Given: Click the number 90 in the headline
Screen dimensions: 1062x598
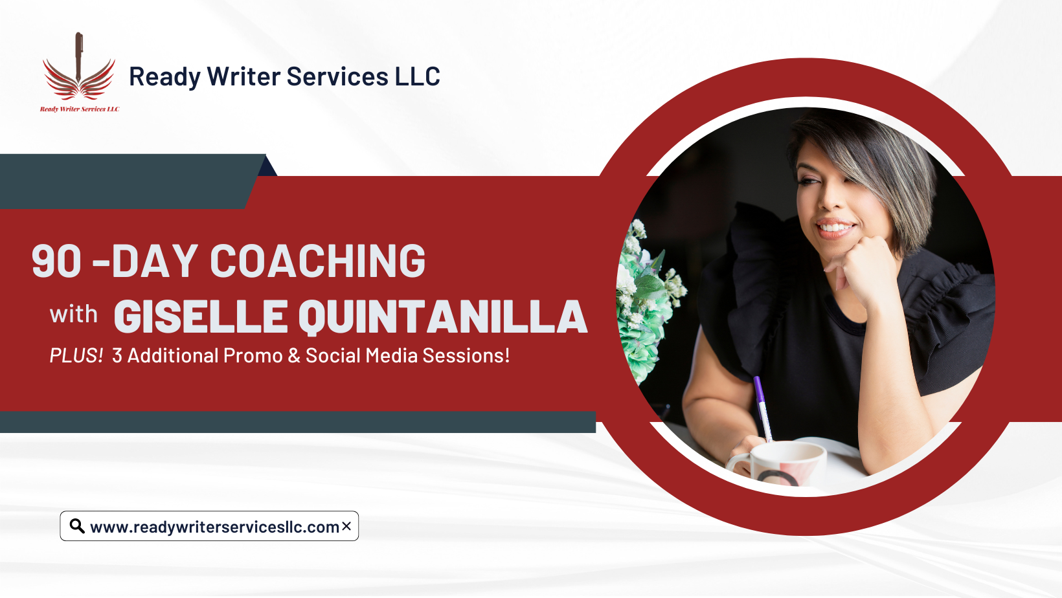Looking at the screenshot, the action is pyautogui.click(x=56, y=261).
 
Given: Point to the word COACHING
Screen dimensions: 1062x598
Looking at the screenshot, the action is pyautogui.click(x=318, y=261).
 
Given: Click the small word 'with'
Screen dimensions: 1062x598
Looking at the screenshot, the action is pyautogui.click(x=73, y=314).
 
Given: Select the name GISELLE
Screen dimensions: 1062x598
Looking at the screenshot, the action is pyautogui.click(x=201, y=316).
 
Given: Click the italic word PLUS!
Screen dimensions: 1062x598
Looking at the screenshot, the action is pyautogui.click(x=76, y=355).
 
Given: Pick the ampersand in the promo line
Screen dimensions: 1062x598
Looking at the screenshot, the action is pyautogui.click(x=294, y=355).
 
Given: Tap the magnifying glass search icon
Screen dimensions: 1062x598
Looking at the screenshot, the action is pyautogui.click(x=77, y=526).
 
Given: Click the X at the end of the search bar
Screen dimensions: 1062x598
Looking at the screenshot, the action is pyautogui.click(x=346, y=526).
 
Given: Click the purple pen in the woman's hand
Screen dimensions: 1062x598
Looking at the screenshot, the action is pyautogui.click(x=763, y=408).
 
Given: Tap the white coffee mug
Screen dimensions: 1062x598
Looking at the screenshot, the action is pyautogui.click(x=778, y=465).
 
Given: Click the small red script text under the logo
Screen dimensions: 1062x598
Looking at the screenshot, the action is pyautogui.click(x=80, y=109).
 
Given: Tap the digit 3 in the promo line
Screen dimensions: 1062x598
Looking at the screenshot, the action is pyautogui.click(x=117, y=355).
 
